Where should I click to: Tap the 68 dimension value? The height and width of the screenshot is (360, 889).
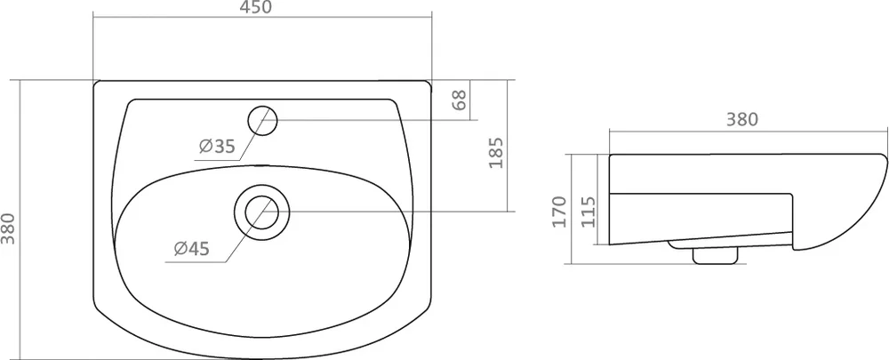point(460,100)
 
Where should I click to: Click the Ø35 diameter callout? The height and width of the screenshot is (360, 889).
point(216,148)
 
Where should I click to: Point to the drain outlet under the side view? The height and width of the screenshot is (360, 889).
point(713,253)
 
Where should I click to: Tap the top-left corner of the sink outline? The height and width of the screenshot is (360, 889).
point(97,84)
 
